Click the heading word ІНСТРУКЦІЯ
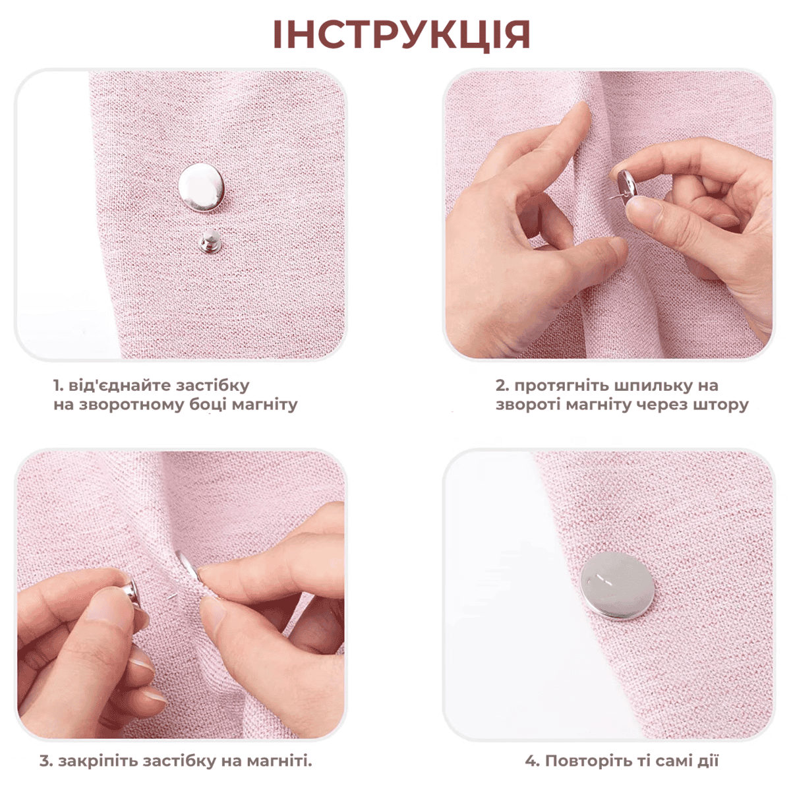tap(401, 36)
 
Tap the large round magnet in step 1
tap(202, 187)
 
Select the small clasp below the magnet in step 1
tap(210, 241)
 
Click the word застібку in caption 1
tap(212, 386)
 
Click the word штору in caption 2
tap(721, 405)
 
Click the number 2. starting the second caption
tap(502, 386)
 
